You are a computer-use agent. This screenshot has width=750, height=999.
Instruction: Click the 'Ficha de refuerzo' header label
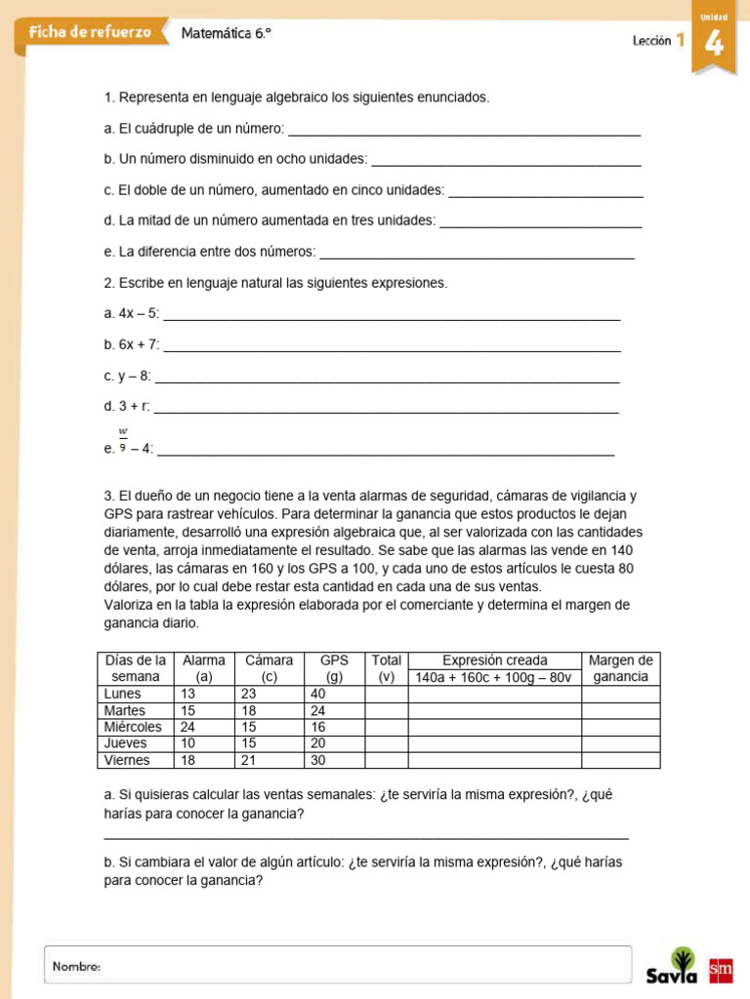[x=90, y=32]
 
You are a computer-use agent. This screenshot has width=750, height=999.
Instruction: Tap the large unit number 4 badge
[x=714, y=44]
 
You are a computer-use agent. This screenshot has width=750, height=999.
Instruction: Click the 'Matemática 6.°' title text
[x=227, y=33]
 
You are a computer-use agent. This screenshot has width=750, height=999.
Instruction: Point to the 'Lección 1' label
[x=658, y=40]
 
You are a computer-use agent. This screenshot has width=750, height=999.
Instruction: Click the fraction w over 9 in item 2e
[x=123, y=439]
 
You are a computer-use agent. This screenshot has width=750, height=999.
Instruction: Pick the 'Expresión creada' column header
[x=495, y=660]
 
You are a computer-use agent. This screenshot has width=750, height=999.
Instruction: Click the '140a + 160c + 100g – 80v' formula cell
[x=495, y=677]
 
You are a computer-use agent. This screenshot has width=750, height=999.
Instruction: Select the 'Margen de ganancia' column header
[x=620, y=668]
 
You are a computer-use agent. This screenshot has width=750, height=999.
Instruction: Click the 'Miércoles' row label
[x=133, y=727]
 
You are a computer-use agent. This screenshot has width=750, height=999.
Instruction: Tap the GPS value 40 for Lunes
[x=317, y=694]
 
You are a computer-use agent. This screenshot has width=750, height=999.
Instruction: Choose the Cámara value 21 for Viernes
[x=248, y=760]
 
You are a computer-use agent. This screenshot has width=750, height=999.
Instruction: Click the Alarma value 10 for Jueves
[x=188, y=743]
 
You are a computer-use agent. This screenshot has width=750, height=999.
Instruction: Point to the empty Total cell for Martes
[x=386, y=710]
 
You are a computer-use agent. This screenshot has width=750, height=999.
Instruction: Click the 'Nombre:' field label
[x=77, y=966]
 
